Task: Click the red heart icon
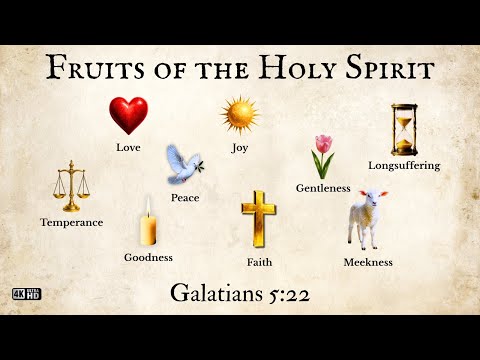click(x=128, y=116)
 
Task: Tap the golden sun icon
click(x=240, y=116)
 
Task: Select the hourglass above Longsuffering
click(x=403, y=129)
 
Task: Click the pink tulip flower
click(x=322, y=155)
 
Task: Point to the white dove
click(x=182, y=166)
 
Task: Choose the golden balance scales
click(x=70, y=185)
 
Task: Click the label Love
click(x=128, y=148)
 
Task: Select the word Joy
click(x=240, y=148)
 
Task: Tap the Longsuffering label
click(x=403, y=165)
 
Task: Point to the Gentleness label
click(x=323, y=188)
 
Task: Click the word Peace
click(x=185, y=198)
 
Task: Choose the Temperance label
click(x=71, y=222)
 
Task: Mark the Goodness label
click(x=148, y=257)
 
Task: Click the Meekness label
click(x=367, y=262)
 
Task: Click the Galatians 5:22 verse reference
click(x=240, y=293)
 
